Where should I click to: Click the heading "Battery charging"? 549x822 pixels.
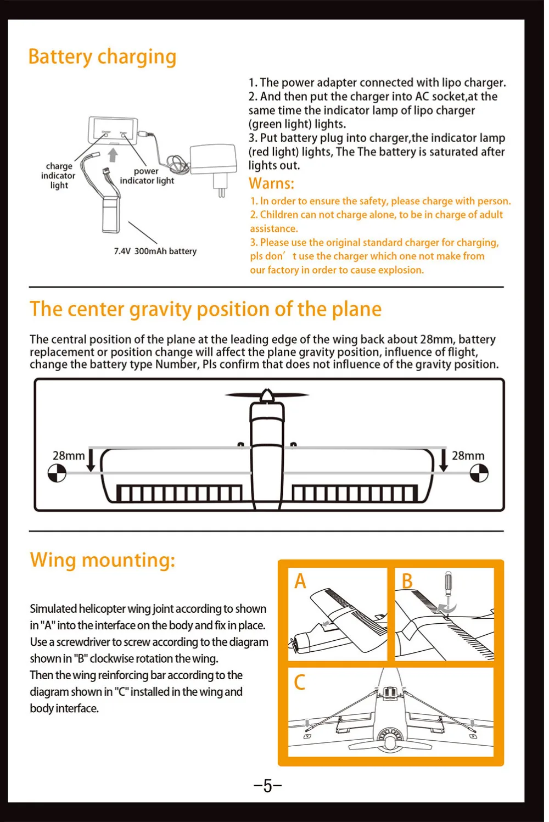(102, 57)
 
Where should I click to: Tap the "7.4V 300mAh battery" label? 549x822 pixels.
(155, 251)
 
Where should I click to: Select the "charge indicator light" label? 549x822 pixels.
(59, 176)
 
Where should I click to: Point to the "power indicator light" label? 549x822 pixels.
(147, 176)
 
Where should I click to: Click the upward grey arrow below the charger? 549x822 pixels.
(113, 155)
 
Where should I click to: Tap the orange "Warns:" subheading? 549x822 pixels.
(271, 183)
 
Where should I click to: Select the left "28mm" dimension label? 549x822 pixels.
(69, 456)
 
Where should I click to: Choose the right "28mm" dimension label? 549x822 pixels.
(468, 456)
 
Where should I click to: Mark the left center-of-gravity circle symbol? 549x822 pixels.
(57, 473)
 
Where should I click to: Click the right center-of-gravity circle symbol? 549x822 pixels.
(479, 473)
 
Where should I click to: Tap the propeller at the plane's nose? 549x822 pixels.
(267, 395)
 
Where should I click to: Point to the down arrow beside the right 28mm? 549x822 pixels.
(444, 460)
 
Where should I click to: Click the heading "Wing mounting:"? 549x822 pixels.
(103, 560)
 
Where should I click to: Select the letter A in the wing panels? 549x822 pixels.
(300, 581)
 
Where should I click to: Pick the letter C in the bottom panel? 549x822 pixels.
(300, 683)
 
